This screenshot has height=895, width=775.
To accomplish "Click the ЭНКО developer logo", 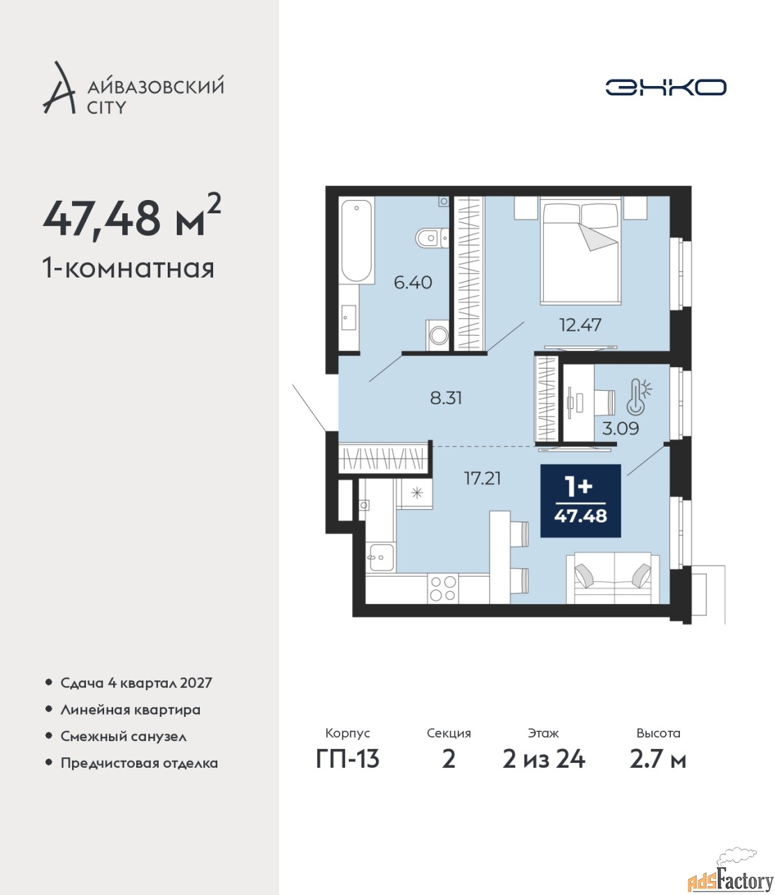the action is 665,87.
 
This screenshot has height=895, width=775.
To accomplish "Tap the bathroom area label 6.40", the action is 413,282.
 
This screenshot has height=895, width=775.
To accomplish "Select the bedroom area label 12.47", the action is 580,324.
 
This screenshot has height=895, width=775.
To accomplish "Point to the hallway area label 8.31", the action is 446,398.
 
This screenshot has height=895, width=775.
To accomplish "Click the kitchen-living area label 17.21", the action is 482,479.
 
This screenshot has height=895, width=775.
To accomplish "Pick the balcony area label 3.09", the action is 621,429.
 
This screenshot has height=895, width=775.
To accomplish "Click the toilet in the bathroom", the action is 431,237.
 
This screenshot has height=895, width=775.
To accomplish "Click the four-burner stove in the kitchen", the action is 442,589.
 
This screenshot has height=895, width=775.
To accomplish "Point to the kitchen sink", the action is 381,558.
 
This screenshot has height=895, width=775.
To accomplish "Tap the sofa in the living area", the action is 613,578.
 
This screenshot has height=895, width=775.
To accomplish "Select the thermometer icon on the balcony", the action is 639,395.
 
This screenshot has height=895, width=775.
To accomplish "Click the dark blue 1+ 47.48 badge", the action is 580,501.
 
